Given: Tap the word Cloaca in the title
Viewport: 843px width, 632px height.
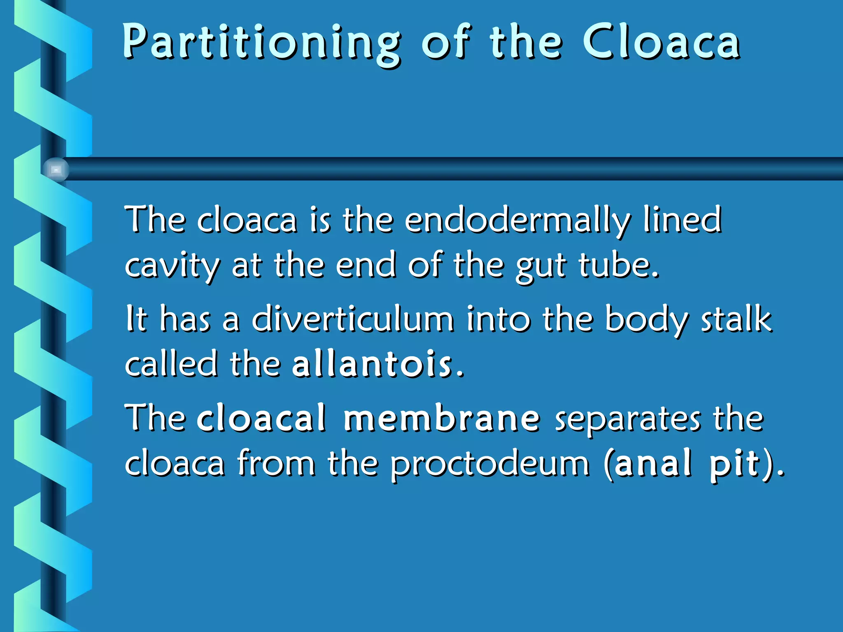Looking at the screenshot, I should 661,41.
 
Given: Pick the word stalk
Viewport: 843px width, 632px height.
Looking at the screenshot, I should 736,319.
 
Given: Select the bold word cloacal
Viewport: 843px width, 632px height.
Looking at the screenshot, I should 262,418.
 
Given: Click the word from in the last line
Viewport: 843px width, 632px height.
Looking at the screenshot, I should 276,463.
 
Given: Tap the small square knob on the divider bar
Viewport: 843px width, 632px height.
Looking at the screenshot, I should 56,170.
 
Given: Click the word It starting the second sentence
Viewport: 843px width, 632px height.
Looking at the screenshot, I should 136,319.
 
